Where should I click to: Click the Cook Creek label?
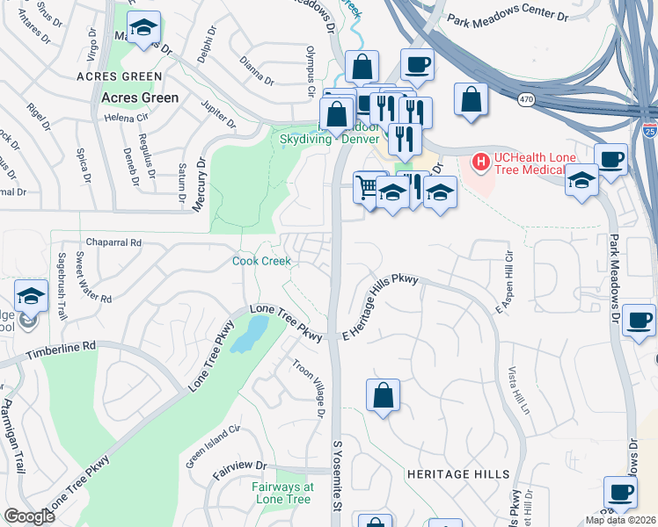click(261, 261)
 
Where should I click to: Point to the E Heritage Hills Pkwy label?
click(379, 308)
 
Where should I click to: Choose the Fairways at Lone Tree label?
click(282, 493)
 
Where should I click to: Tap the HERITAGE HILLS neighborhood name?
click(458, 474)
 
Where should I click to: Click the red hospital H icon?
click(481, 162)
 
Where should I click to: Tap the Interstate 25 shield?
click(649, 133)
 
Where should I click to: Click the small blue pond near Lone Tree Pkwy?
click(252, 334)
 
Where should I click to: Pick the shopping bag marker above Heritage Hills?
click(383, 395)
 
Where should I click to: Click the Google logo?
click(29, 516)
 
